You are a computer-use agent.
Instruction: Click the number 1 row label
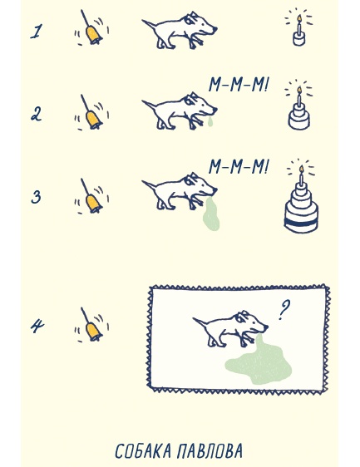(36, 32)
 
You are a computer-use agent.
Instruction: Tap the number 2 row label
(37, 115)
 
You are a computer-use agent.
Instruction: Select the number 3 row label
(36, 197)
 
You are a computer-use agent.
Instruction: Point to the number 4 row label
(37, 326)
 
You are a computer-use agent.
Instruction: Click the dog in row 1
(180, 31)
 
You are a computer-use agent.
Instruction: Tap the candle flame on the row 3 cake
(301, 169)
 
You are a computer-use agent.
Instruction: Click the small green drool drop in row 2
(210, 121)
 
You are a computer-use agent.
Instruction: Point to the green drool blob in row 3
(211, 214)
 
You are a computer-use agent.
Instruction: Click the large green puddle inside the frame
(259, 361)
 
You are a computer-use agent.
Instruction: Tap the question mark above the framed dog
(284, 310)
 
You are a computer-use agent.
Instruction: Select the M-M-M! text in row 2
(239, 85)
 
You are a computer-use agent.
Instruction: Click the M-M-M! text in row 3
(239, 167)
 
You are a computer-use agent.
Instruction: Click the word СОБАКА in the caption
(143, 451)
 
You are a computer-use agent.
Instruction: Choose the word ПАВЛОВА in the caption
(210, 451)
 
